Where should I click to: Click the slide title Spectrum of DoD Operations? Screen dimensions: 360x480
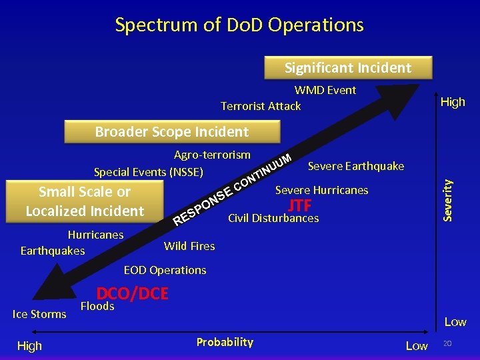coord(239,25)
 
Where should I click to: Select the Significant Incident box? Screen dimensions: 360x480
coord(348,68)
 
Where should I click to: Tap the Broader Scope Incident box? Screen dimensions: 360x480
coord(171,132)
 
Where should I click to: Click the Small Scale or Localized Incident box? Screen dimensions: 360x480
coord(85,201)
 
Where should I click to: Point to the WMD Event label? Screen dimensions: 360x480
coord(325,90)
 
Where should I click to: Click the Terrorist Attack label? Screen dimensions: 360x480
coord(261,106)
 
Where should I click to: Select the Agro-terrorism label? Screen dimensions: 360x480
coord(212,155)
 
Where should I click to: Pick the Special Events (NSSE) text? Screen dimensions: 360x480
coord(148,172)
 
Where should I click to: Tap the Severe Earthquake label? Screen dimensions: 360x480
coord(355,165)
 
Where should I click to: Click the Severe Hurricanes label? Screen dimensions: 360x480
coord(321,190)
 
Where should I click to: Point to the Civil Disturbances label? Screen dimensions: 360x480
coord(273,218)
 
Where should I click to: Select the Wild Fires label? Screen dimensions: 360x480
coord(189,246)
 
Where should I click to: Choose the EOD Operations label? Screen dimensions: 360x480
coord(165,270)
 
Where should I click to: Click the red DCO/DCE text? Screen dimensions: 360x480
coord(132,293)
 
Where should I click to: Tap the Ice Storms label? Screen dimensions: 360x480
coord(39,314)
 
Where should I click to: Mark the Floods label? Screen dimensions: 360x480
coord(97,307)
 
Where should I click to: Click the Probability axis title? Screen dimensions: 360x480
coord(225,342)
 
